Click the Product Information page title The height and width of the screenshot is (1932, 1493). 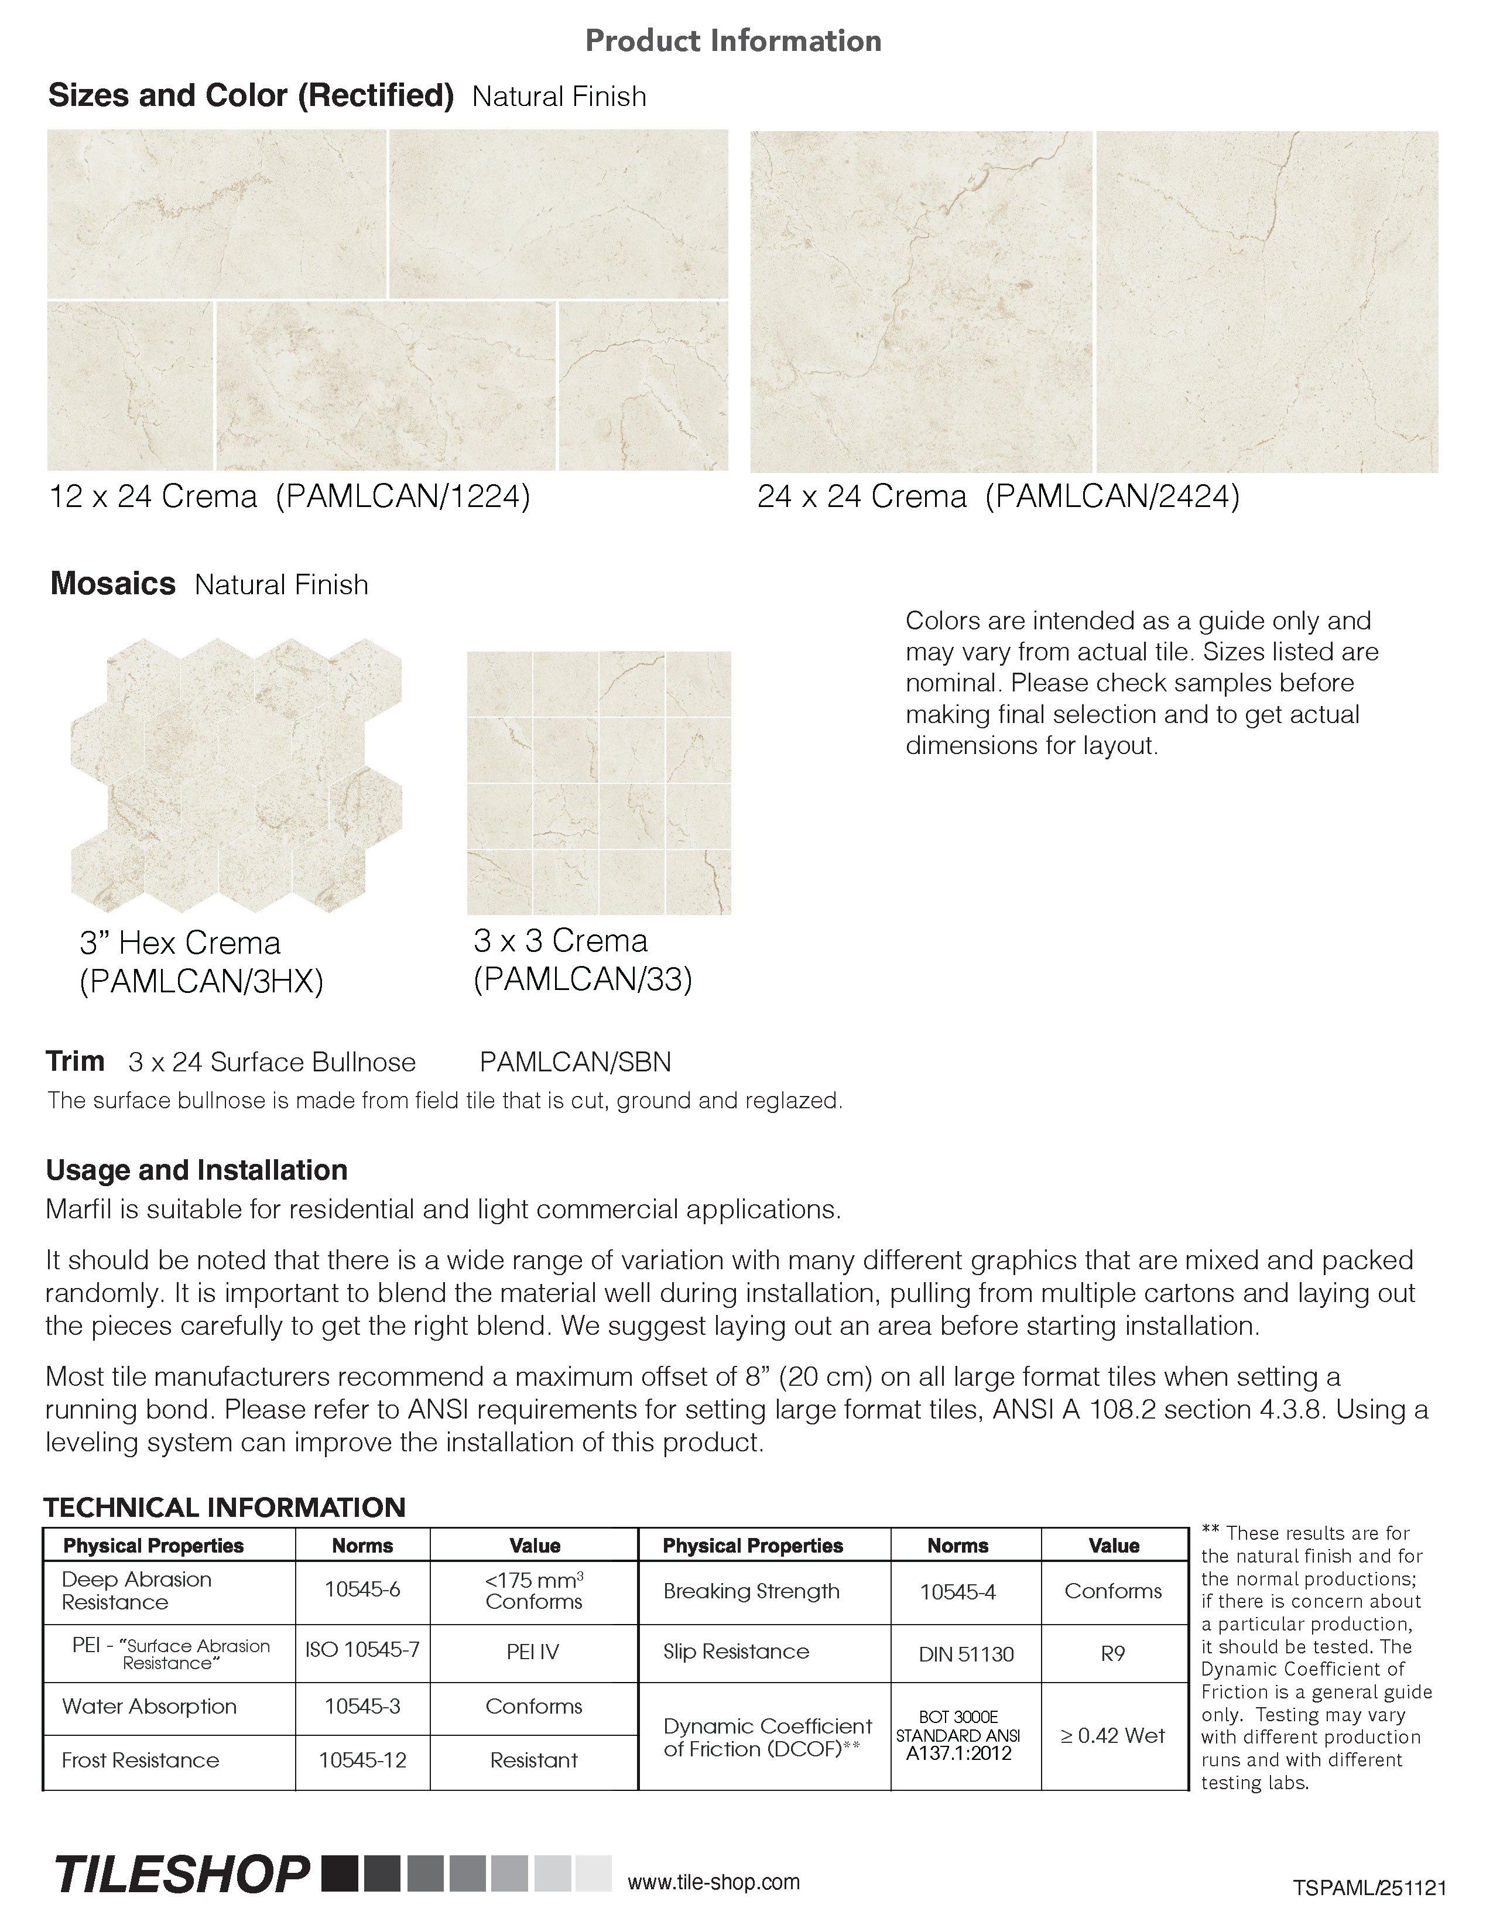[x=733, y=41]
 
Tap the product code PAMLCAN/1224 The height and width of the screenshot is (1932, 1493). [x=402, y=497]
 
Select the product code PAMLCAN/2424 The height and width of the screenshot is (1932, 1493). [x=1112, y=497]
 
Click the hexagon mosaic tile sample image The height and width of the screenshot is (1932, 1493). [x=236, y=775]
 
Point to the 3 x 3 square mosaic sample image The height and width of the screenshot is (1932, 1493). [x=599, y=783]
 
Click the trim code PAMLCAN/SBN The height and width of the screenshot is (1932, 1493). [x=575, y=1061]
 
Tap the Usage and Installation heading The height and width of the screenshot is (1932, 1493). [x=196, y=1170]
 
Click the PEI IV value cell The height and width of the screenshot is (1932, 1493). [x=533, y=1652]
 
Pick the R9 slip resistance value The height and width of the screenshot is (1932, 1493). [x=1112, y=1653]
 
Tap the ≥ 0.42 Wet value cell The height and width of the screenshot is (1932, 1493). [x=1112, y=1736]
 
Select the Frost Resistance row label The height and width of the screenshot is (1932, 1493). [x=141, y=1760]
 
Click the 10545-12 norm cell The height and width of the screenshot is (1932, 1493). [x=362, y=1760]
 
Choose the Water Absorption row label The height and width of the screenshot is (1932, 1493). [x=149, y=1707]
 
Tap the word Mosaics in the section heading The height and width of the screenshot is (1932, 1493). [x=113, y=584]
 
